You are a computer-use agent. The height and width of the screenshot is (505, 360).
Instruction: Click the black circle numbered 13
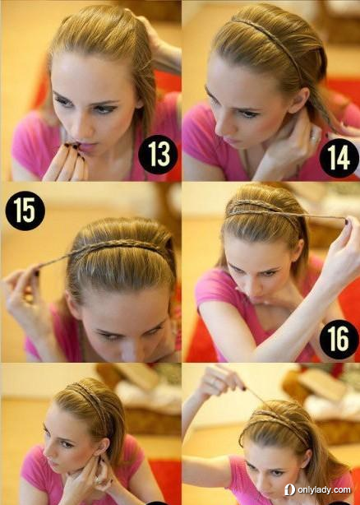click(x=158, y=155)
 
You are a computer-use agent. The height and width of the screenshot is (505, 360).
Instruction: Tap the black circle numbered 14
click(x=339, y=158)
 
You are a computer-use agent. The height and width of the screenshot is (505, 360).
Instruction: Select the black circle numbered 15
click(x=25, y=211)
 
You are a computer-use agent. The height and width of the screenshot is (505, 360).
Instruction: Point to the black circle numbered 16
click(x=339, y=340)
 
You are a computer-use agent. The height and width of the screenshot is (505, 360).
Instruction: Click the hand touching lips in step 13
click(x=66, y=161)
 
